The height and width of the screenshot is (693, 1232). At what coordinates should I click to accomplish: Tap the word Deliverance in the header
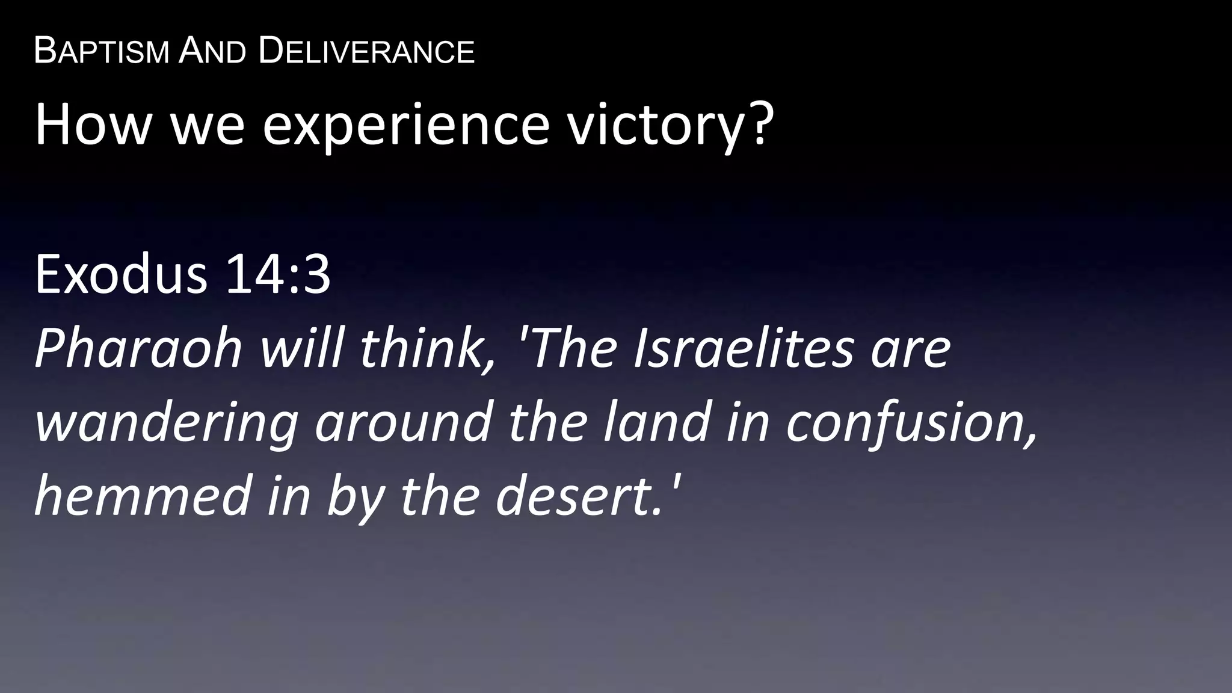tap(366, 51)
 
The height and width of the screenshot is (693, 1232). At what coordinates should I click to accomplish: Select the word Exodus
tap(121, 274)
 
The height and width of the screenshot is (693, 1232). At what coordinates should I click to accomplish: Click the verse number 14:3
tap(278, 274)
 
